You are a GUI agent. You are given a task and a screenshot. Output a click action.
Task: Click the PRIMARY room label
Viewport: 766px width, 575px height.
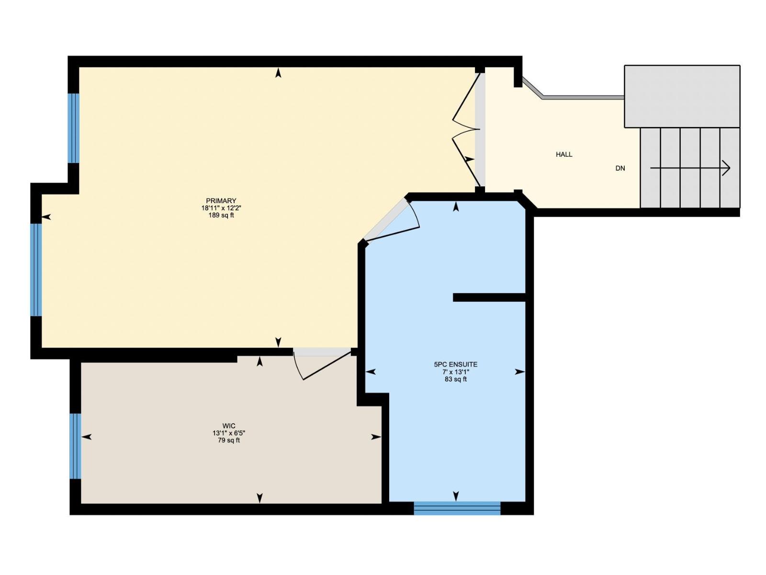coord(221,201)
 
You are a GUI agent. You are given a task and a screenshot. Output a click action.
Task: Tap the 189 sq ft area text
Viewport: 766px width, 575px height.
coord(221,216)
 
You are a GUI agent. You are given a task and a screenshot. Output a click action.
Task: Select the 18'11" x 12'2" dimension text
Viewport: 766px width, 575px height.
coord(221,208)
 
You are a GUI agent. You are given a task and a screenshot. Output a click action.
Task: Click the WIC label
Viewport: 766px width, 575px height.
coord(229,426)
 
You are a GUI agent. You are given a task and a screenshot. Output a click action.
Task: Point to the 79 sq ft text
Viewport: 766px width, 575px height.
coord(229,440)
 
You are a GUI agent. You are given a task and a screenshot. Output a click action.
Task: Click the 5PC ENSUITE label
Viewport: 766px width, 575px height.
coord(455,365)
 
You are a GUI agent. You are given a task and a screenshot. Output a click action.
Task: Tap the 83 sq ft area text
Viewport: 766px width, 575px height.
coord(455,379)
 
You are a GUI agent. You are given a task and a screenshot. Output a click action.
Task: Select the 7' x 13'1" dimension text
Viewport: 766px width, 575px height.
coord(455,372)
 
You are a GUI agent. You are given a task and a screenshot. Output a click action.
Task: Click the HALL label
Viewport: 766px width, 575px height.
coord(564,154)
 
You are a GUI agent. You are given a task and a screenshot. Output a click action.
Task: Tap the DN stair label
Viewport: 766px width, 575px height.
coord(620,168)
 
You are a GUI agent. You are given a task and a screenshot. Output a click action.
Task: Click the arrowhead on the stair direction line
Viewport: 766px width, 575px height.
coord(726,168)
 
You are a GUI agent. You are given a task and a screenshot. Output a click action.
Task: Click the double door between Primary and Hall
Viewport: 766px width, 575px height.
coord(467,129)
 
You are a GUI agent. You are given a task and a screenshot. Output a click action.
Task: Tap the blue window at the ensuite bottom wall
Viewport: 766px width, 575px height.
coord(457,508)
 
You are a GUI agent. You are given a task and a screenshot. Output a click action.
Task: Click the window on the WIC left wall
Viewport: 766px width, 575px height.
coord(75,446)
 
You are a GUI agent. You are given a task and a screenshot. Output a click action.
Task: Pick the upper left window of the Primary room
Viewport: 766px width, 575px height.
coord(73,128)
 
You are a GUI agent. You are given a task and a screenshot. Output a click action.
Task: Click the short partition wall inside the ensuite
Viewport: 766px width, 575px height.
coord(489,298)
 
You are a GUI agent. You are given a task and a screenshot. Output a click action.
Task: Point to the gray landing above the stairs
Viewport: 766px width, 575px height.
coord(682,96)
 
